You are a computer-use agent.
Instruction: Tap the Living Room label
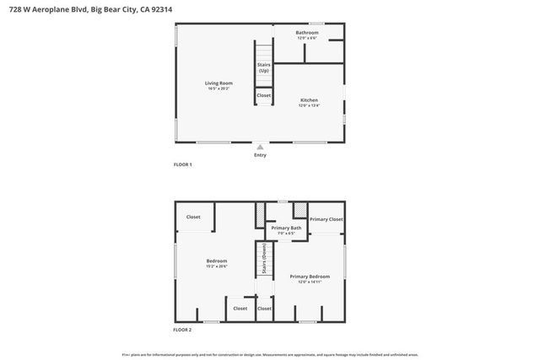coord(219,83)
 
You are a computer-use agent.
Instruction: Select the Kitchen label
coord(309,99)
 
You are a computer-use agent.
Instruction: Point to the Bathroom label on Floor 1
coord(307,33)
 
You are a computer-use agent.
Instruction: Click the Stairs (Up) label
coord(264,67)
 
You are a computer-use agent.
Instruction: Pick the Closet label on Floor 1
coord(264,95)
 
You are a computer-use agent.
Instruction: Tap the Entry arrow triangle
coord(260,147)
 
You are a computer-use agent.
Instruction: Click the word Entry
coord(260,155)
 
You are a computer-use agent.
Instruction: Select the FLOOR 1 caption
coord(183,164)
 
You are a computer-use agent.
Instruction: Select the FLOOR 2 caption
coord(183,329)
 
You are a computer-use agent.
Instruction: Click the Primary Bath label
coord(285,228)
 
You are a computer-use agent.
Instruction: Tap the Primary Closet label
coord(326,219)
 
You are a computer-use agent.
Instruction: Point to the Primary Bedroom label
coord(310,277)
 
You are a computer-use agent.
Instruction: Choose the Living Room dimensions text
coord(219,88)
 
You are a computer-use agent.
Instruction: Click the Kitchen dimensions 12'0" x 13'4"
coord(309,105)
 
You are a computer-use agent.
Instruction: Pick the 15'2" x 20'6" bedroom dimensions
coord(217,266)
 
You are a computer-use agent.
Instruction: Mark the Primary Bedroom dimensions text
coord(310,282)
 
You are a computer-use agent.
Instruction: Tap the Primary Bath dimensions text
coord(285,233)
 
